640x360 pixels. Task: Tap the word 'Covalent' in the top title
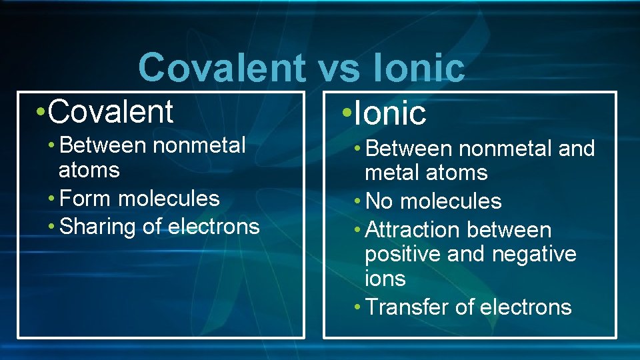[221, 68]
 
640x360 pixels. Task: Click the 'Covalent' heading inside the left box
[111, 111]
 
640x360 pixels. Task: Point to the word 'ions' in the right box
[385, 278]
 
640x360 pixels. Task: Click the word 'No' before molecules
[380, 201]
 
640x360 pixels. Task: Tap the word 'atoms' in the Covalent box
[89, 170]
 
